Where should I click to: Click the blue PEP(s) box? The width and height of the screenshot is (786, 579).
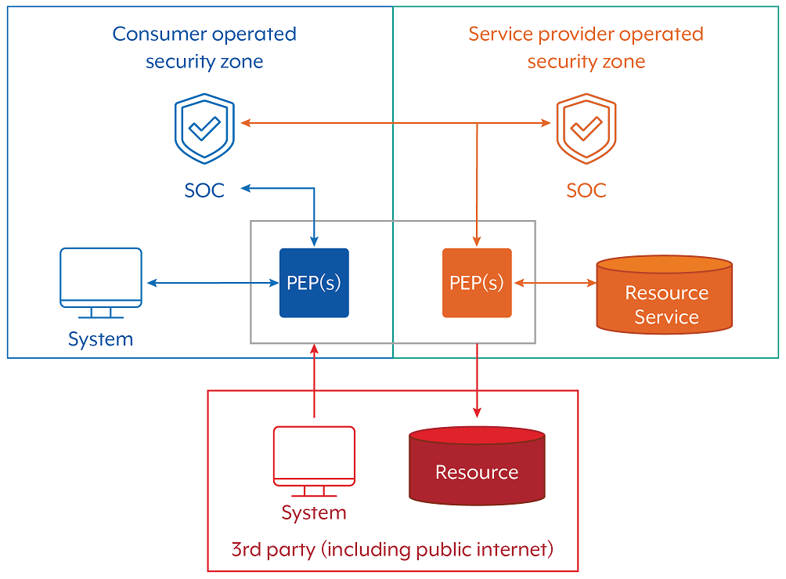(x=314, y=283)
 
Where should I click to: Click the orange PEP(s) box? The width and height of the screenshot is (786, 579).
(x=477, y=283)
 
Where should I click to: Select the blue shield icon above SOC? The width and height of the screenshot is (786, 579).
(x=204, y=130)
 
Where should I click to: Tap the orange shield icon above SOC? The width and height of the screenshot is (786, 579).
(x=586, y=130)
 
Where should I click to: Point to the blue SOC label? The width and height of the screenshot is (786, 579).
(x=204, y=190)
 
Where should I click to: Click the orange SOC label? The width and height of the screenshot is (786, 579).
(x=586, y=190)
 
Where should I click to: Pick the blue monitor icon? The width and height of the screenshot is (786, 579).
(x=101, y=281)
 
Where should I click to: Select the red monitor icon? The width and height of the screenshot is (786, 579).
(x=314, y=461)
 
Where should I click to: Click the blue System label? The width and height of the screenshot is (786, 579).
(x=100, y=339)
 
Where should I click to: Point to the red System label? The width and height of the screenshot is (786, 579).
(x=314, y=513)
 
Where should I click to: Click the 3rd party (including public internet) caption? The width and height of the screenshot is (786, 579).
(x=392, y=548)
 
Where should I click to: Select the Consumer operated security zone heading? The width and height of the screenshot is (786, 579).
(x=204, y=48)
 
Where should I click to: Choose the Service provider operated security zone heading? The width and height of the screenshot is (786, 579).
(x=586, y=48)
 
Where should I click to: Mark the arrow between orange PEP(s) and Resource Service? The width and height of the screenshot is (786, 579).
(x=555, y=283)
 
